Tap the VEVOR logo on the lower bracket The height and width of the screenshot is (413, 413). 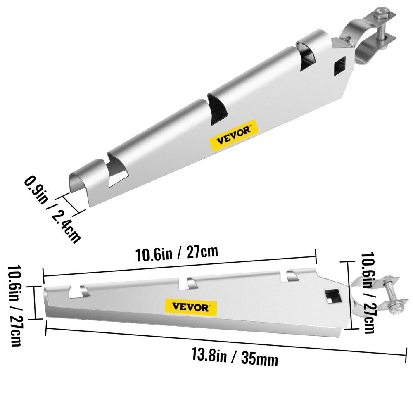(x=191, y=306)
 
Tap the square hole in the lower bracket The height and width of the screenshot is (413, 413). (x=331, y=295)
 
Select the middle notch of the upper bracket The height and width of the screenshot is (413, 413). (x=217, y=107)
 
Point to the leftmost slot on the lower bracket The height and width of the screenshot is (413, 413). (x=78, y=291)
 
